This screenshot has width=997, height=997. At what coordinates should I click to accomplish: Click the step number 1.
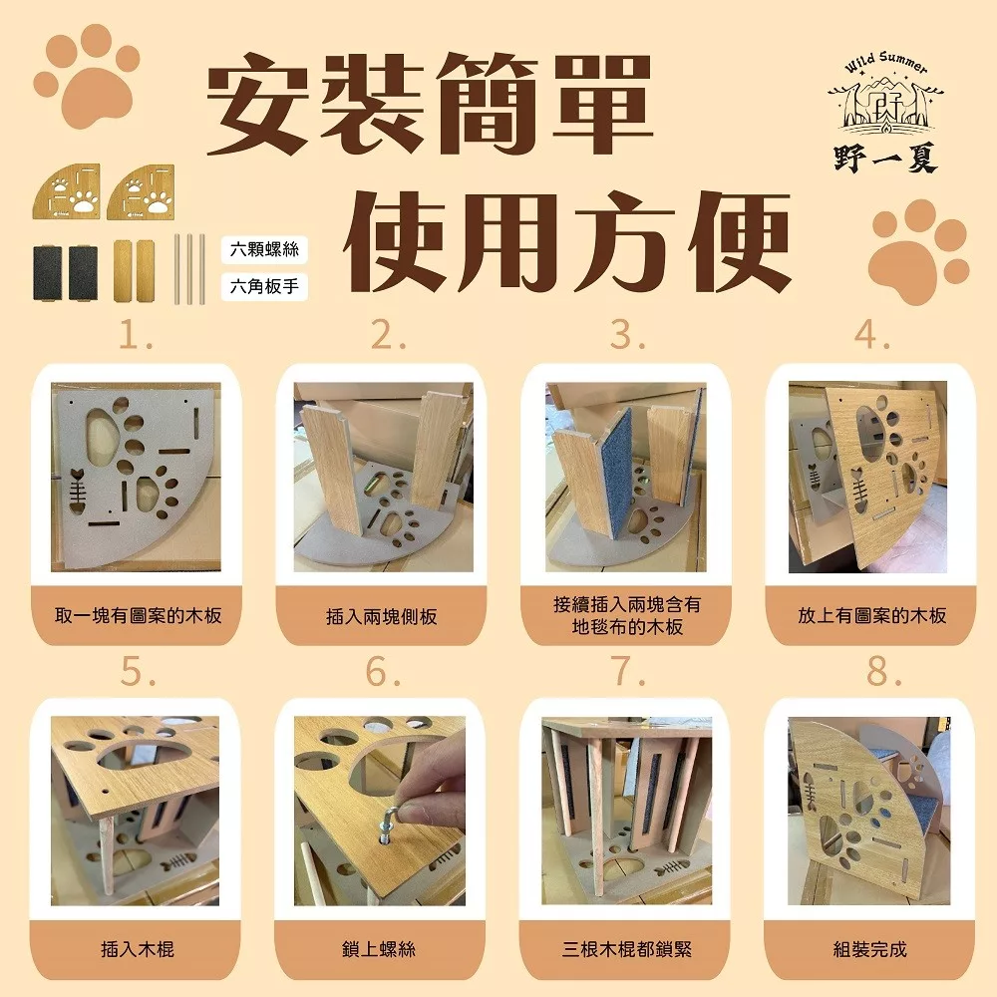(136, 334)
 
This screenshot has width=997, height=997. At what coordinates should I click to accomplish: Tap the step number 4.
(871, 334)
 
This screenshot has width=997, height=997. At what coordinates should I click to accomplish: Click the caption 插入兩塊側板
(382, 616)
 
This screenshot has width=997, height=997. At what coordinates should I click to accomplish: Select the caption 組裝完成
(869, 949)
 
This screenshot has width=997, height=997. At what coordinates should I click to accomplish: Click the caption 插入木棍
(138, 949)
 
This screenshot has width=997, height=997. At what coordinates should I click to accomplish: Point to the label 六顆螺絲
(264, 249)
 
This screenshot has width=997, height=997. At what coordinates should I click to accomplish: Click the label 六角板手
(264, 286)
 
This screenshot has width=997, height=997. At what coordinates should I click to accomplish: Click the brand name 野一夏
(886, 159)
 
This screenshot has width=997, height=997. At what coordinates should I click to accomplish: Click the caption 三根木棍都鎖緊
(627, 949)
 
